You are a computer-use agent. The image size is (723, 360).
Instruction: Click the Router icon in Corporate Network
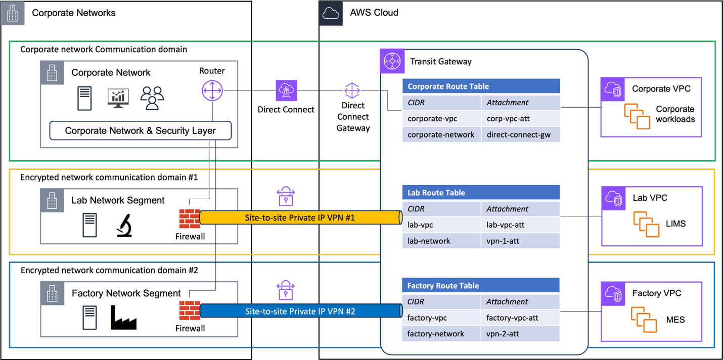[212, 91]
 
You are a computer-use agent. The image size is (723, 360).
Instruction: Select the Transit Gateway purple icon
[392, 61]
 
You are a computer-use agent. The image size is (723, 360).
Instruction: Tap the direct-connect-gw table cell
[520, 134]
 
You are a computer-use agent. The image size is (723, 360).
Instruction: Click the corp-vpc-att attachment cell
[520, 118]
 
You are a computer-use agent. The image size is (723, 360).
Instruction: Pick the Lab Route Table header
[481, 193]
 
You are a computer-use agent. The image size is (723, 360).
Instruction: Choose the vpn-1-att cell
[520, 241]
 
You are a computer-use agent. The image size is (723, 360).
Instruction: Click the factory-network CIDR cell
[441, 334]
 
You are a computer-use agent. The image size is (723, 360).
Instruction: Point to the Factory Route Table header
[480, 286]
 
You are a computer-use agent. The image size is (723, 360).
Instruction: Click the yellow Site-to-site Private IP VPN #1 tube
[300, 217]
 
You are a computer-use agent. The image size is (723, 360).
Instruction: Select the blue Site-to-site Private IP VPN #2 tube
[300, 311]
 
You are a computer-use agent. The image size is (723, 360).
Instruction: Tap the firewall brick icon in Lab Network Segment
[190, 218]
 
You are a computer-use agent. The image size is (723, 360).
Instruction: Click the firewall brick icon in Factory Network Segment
[190, 311]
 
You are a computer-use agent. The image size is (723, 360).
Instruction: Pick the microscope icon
[124, 225]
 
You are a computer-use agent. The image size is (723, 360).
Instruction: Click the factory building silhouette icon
[123, 318]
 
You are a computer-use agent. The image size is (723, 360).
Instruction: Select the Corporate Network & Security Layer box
[140, 130]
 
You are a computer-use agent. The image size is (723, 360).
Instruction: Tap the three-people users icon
[152, 98]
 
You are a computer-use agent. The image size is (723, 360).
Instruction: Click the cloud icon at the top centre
[331, 13]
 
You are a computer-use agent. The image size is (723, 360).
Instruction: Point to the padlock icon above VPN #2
[286, 290]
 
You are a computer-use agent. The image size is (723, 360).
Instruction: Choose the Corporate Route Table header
[481, 86]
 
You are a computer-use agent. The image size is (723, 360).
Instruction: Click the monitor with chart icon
[118, 98]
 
